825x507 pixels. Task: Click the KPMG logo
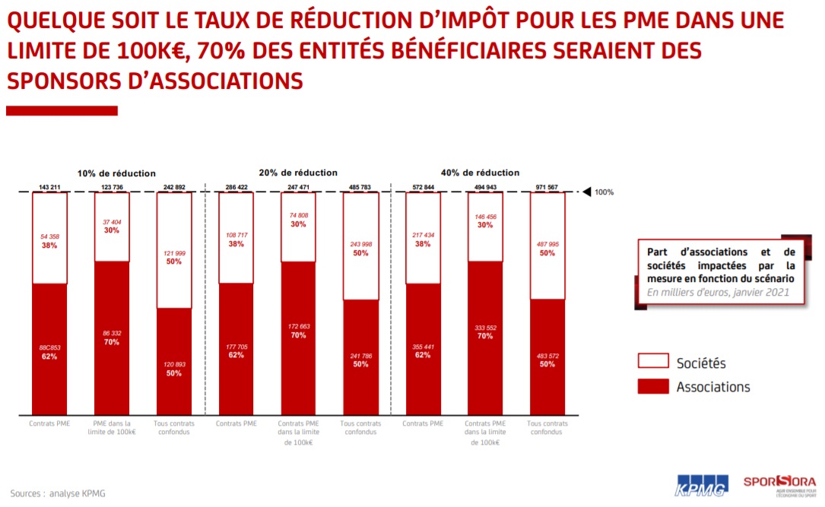coord(701,485)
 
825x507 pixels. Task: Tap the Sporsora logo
coord(779,483)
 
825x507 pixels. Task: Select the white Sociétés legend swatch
coord(652,362)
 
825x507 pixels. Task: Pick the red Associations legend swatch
coord(652,386)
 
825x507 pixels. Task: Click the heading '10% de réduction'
coord(116,173)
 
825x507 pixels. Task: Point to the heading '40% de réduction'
coord(481,173)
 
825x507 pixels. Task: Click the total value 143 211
coord(49,187)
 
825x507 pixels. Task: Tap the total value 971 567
coord(547,187)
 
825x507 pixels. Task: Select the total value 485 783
coord(360,187)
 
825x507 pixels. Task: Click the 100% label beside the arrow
coord(604,192)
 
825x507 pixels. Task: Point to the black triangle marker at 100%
coord(585,192)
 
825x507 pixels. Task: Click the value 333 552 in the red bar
coord(485,328)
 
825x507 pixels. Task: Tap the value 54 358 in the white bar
coord(49,236)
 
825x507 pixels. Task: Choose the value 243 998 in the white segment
coord(360,244)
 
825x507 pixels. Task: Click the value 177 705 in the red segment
coord(236,346)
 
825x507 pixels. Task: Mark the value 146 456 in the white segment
coord(485,217)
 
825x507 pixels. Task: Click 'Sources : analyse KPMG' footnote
coord(58,493)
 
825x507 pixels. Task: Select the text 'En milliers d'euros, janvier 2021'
coord(719,291)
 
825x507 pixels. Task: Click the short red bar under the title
coord(62,111)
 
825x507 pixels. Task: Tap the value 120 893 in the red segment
coord(174,364)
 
